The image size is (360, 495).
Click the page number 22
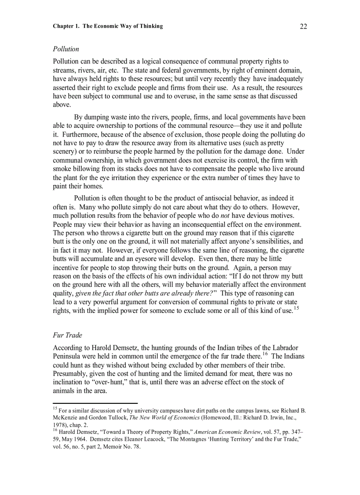[303, 26]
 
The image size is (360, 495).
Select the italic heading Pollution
[66, 49]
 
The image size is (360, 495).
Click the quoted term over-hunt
[101, 382]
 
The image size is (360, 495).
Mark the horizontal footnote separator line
[95, 403]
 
